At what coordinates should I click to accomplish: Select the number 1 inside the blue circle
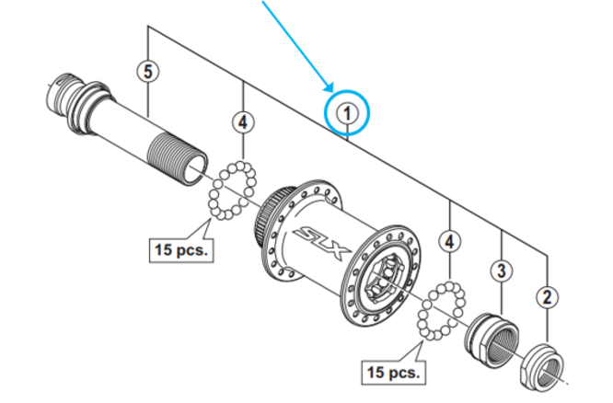(348, 113)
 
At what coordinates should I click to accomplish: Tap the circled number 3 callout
(501, 270)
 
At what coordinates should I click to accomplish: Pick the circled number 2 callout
(547, 296)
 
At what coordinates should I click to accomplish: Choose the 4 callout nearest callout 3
(449, 242)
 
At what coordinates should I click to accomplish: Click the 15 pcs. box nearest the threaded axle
(180, 248)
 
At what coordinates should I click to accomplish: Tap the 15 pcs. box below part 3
(393, 373)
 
